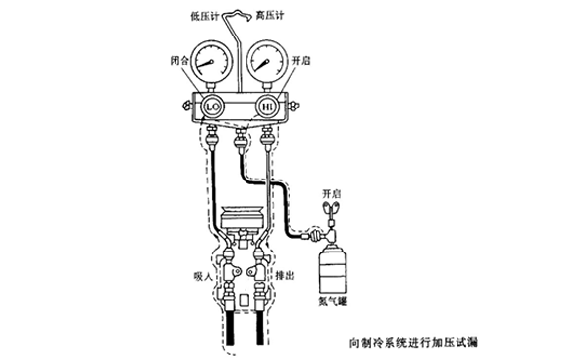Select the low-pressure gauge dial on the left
click(x=208, y=61)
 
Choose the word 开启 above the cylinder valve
click(x=332, y=191)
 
